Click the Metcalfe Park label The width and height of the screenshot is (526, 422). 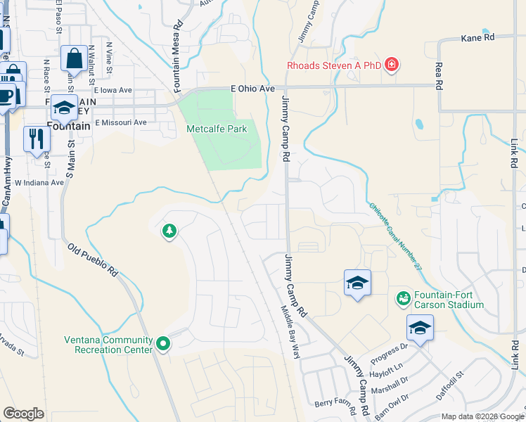tap(217, 129)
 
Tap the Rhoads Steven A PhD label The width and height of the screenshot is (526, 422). tap(333, 66)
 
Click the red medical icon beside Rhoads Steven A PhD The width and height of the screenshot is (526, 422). tap(392, 66)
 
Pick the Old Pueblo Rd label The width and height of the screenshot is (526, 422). tap(94, 260)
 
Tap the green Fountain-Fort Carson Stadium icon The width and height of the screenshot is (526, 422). tap(403, 299)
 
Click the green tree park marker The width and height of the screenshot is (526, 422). tap(169, 230)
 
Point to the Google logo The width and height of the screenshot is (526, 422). tap(24, 414)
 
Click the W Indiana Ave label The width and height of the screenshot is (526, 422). tap(39, 182)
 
